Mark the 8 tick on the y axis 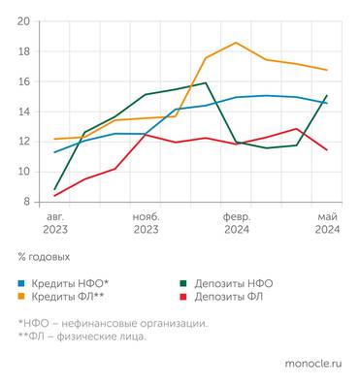[26, 202]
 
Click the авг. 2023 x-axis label [55, 223]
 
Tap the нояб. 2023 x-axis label [146, 223]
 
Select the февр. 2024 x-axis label [236, 223]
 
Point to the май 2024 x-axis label [326, 223]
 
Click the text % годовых [44, 258]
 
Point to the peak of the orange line [236, 43]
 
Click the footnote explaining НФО [113, 323]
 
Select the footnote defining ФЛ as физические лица [82, 337]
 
